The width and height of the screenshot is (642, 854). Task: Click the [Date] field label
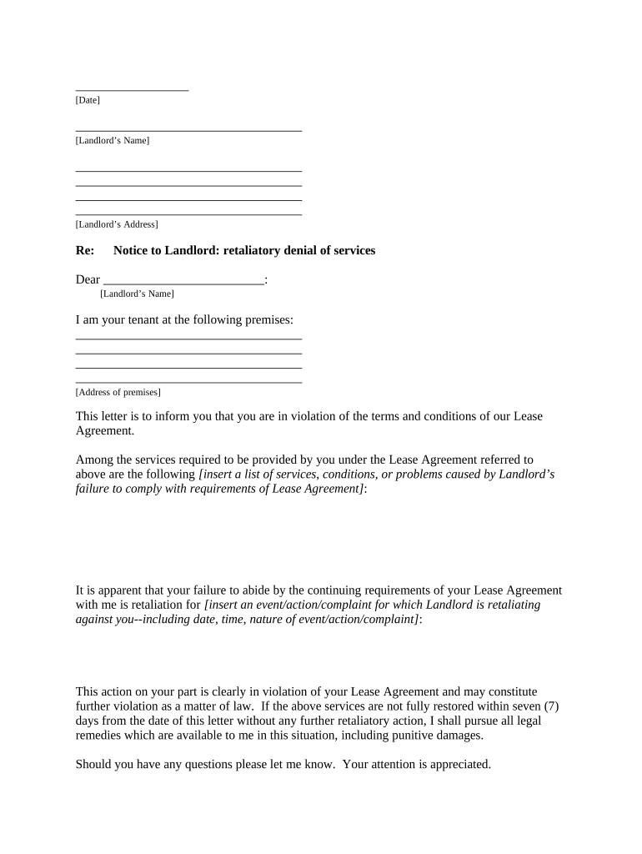[x=88, y=100]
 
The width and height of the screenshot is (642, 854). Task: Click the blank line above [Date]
[x=132, y=89]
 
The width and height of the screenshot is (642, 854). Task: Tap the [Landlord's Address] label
[x=117, y=224]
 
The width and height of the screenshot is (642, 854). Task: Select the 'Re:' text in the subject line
[x=84, y=250]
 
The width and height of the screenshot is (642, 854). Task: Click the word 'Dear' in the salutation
[x=88, y=279]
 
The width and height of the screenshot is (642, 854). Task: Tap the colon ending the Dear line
[x=266, y=280]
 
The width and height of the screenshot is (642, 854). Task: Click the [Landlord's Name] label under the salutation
[x=137, y=294]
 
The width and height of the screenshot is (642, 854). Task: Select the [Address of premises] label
[x=118, y=392]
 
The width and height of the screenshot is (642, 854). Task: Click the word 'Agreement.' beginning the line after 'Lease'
[x=104, y=431]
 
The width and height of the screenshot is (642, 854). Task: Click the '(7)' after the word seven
[x=550, y=706]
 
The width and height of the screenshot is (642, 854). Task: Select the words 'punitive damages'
[x=435, y=736]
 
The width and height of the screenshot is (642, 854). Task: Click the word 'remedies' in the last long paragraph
[x=98, y=736]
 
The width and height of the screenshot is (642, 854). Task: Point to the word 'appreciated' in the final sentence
[x=459, y=764]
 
